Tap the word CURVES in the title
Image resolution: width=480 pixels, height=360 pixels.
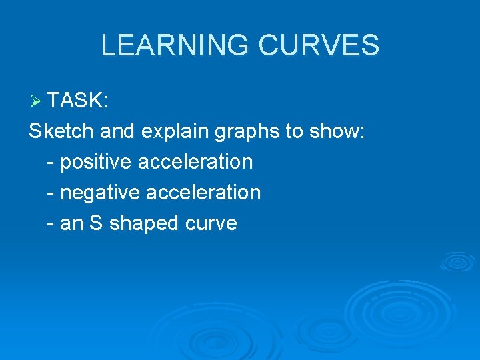pos(318,45)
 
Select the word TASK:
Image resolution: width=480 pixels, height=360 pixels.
pos(78,100)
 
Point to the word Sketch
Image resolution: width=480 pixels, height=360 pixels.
pos(61,131)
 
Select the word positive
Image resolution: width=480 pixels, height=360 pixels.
pos(96,162)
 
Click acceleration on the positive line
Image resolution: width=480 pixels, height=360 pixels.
pos(195,162)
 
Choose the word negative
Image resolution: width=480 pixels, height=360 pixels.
pos(100,193)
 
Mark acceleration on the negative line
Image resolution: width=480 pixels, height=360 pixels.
pos(203,193)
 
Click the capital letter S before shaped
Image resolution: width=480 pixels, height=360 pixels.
pos(96,223)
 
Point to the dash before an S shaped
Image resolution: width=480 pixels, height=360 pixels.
pos(51,224)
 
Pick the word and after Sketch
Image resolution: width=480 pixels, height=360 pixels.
pos(117,131)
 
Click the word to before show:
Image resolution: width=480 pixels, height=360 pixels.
pos(294,131)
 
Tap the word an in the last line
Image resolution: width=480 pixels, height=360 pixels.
pos(72,223)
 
